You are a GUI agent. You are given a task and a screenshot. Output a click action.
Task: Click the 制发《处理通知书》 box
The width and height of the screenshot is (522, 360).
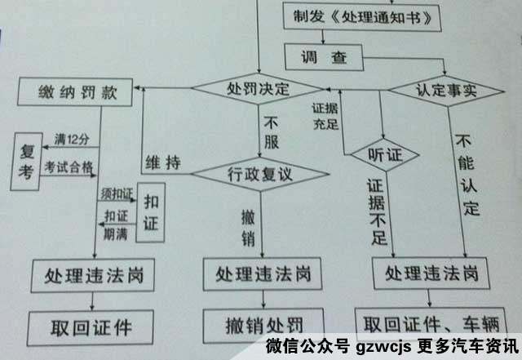click(x=362, y=17)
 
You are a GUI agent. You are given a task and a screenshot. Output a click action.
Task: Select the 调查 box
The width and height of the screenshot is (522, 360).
click(x=324, y=57)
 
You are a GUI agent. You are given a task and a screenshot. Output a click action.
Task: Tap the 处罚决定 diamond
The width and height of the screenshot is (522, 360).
click(x=259, y=89)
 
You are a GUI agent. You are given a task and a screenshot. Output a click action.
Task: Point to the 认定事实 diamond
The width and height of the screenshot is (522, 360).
click(x=446, y=91)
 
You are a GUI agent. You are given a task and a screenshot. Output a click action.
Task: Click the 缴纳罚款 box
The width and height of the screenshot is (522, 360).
click(x=75, y=92)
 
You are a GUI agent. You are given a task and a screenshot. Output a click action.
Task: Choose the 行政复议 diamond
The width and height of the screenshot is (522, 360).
click(x=260, y=174)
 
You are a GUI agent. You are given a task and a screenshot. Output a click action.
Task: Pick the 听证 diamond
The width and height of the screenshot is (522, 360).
click(x=385, y=155)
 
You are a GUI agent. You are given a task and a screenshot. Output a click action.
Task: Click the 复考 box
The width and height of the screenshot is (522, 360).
click(x=26, y=162)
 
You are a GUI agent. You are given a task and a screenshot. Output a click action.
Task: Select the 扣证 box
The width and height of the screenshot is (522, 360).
click(x=151, y=212)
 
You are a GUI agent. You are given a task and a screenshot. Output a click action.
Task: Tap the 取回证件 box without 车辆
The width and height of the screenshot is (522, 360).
click(x=91, y=328)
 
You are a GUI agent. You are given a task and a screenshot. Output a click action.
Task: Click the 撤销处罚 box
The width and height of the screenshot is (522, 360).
click(x=263, y=326)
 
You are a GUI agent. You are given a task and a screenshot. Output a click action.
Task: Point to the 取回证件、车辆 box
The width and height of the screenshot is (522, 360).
click(x=431, y=323)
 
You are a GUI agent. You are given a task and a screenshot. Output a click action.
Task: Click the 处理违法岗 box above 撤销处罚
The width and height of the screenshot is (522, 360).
click(x=263, y=273)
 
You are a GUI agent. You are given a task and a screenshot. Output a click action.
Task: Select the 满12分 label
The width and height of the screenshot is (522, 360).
click(x=72, y=140)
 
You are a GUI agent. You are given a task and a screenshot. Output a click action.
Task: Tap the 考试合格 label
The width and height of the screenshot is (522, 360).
click(x=69, y=167)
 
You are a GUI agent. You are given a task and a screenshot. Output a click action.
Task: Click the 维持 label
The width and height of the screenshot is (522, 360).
click(x=163, y=163)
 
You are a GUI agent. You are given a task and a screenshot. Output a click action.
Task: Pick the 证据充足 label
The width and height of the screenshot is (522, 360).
click(x=325, y=116)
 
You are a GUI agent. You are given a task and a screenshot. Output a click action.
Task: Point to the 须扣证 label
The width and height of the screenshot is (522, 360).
click(x=117, y=193)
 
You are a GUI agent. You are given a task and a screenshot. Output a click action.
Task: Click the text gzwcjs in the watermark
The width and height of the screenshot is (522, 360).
click(x=384, y=347)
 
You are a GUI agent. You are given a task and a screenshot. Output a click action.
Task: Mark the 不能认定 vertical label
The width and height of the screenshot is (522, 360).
click(x=468, y=175)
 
